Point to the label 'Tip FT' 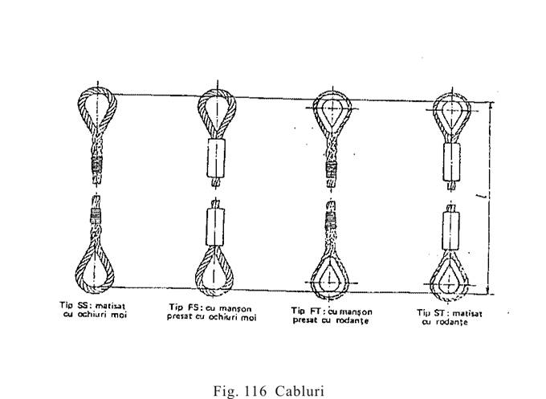tap(308, 309)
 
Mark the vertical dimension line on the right tap(489, 197)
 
